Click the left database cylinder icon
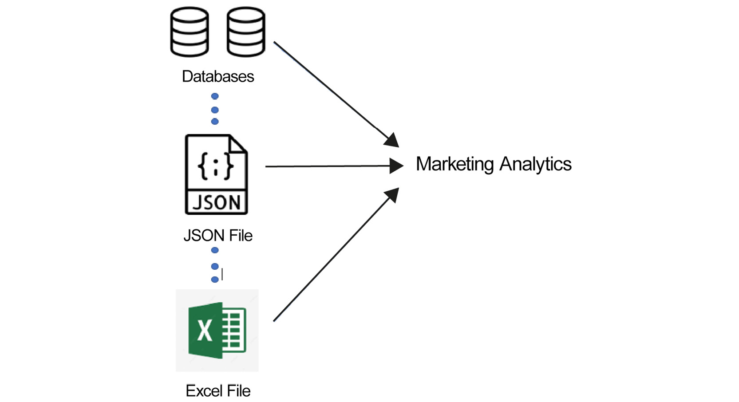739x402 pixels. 190,32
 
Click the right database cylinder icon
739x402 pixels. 245,32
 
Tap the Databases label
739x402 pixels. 217,76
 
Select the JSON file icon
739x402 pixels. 216,174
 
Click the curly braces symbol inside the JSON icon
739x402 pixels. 216,166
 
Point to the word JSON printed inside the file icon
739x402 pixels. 216,203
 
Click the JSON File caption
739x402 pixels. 217,236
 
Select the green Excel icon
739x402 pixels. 217,330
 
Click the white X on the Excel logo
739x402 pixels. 205,331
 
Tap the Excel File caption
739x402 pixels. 217,391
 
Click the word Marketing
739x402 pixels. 454,164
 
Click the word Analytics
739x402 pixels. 535,164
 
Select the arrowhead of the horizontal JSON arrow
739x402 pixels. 396,166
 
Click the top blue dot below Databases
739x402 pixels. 215,96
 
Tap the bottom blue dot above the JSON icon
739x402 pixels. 215,122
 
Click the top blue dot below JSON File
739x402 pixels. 215,250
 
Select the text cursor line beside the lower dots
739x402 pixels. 222,274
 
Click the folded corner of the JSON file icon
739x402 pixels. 238,145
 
